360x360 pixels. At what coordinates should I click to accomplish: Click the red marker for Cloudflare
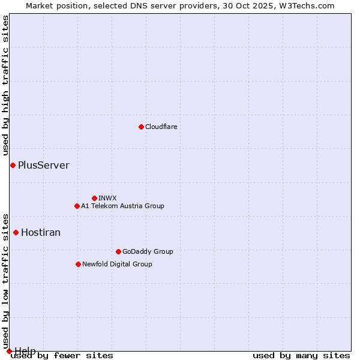pyautogui.click(x=141, y=127)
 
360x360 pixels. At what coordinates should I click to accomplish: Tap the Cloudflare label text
pyautogui.click(x=161, y=127)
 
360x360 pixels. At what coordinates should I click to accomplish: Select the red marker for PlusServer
pyautogui.click(x=13, y=165)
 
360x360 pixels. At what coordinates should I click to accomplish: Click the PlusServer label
pyautogui.click(x=44, y=166)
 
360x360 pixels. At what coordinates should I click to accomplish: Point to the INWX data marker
pyautogui.click(x=94, y=198)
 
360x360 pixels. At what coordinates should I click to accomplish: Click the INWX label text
pyautogui.click(x=108, y=199)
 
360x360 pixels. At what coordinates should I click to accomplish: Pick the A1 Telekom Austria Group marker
pyautogui.click(x=77, y=206)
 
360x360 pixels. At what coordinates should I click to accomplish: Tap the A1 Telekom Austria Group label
pyautogui.click(x=122, y=206)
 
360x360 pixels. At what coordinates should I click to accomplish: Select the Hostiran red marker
pyautogui.click(x=16, y=232)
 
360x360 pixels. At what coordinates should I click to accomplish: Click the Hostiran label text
pyautogui.click(x=41, y=233)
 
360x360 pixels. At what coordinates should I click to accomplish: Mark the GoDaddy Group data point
pyautogui.click(x=118, y=251)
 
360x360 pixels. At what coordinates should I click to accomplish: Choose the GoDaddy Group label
pyautogui.click(x=148, y=252)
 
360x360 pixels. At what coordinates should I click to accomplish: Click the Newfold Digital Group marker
pyautogui.click(x=78, y=264)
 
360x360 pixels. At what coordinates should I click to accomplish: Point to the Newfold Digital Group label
pyautogui.click(x=117, y=265)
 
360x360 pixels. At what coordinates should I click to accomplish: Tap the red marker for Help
pyautogui.click(x=9, y=351)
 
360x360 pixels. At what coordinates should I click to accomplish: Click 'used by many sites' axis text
pyautogui.click(x=301, y=356)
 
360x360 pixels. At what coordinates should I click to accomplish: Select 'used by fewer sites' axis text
pyautogui.click(x=62, y=356)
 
